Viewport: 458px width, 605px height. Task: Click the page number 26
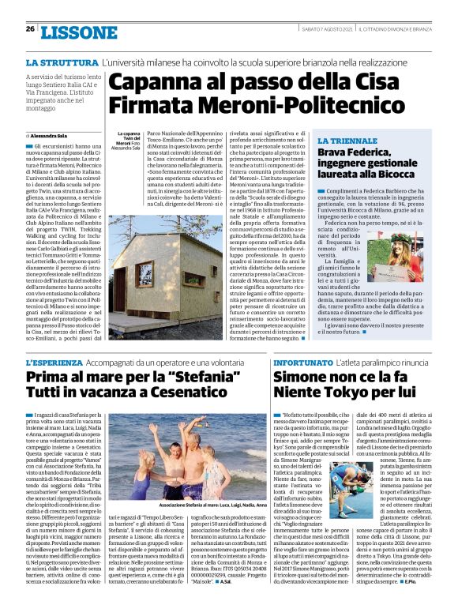tap(30, 29)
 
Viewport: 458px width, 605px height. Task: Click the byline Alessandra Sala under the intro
tap(51, 136)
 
